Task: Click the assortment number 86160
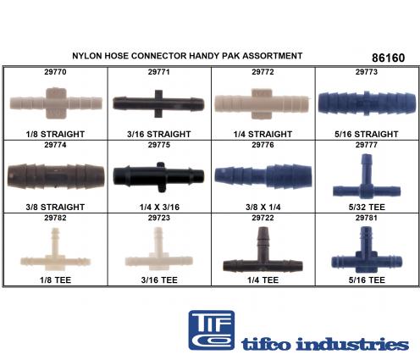tap(389, 58)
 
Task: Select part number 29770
tap(55, 72)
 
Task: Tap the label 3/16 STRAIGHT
tap(159, 134)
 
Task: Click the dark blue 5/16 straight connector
tap(367, 103)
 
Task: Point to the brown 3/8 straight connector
tap(56, 175)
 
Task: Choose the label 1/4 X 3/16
tap(159, 208)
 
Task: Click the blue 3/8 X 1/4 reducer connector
tap(263, 175)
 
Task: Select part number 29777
tap(367, 145)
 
